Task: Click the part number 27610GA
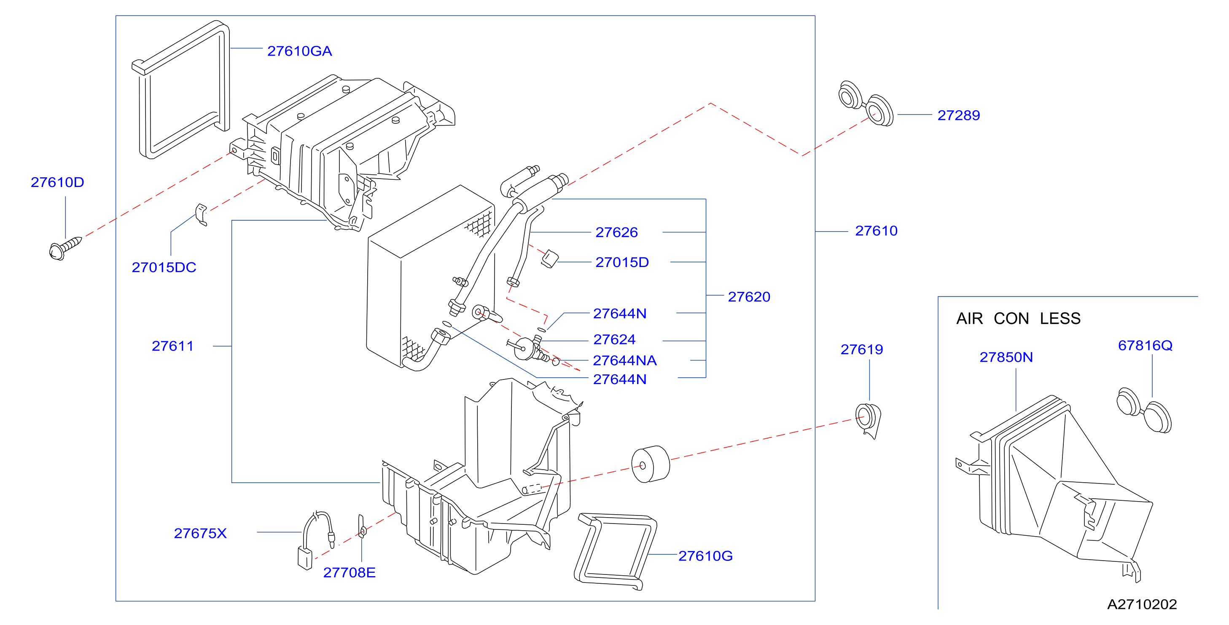[x=299, y=51]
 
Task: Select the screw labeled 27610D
[x=65, y=248]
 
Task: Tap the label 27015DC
[x=164, y=267]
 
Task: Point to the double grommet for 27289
[x=866, y=104]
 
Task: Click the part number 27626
[x=616, y=232]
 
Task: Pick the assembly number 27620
[x=748, y=297]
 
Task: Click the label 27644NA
[x=624, y=361]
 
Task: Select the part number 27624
[x=614, y=339]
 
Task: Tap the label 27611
[x=172, y=346]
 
